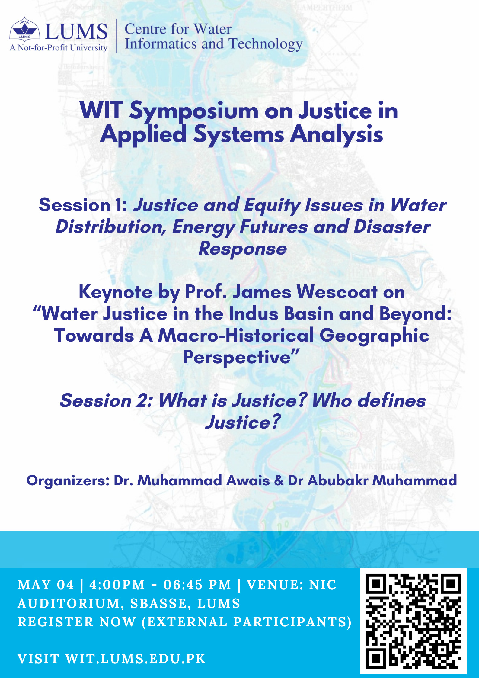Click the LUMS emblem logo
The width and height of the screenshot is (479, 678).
pos(24,29)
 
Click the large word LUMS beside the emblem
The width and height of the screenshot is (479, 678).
pos(76,32)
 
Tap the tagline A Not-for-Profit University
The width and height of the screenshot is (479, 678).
pos(59,48)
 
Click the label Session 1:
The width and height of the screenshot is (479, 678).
pos(83,205)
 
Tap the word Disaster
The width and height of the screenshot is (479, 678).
pos(392,227)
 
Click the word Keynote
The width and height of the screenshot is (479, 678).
pos(115,293)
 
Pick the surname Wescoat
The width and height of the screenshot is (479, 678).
pos(337,292)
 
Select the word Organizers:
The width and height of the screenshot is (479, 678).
pos(68,481)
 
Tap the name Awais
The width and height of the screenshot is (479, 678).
pos(248,480)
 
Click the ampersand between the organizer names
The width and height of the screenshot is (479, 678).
pos(279,480)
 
